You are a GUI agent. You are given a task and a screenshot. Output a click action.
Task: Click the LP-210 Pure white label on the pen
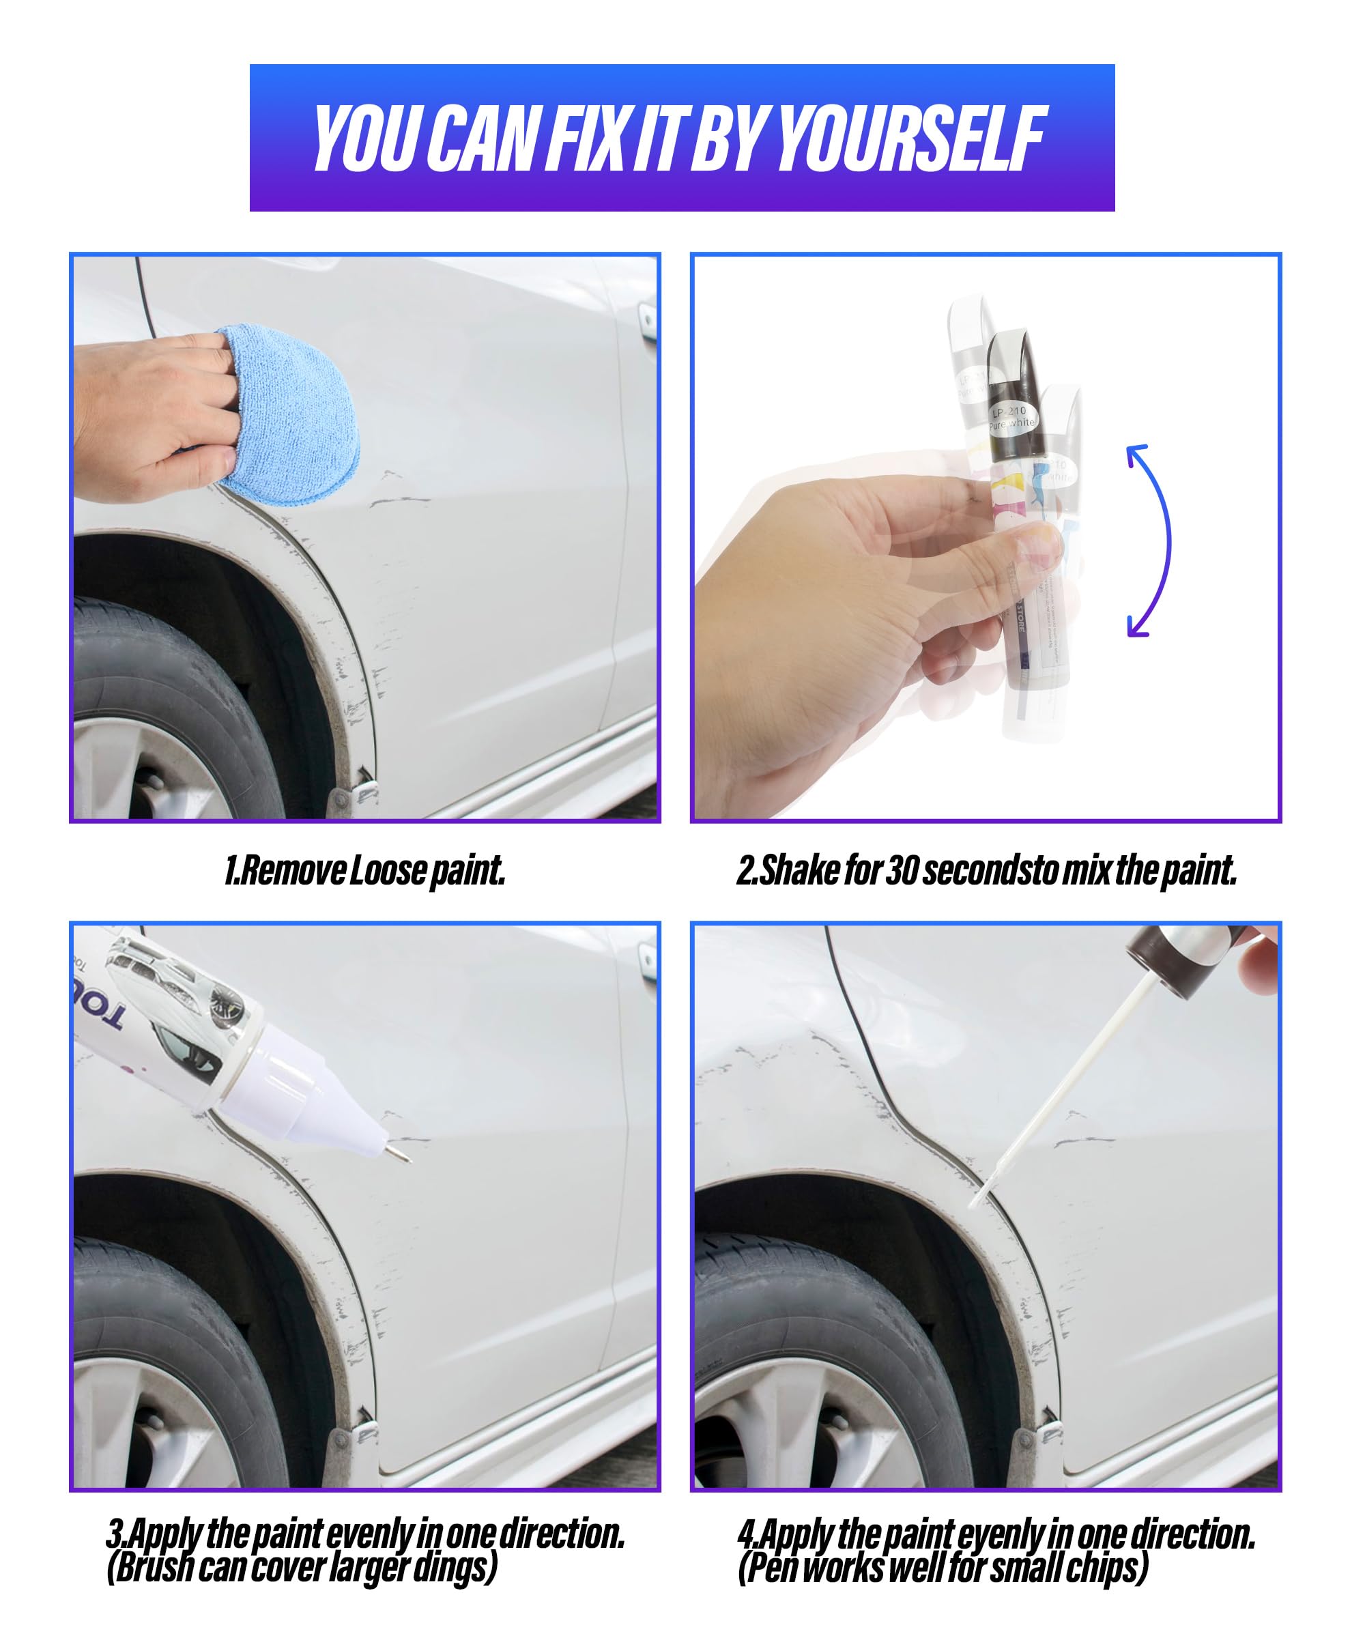click(1011, 417)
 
